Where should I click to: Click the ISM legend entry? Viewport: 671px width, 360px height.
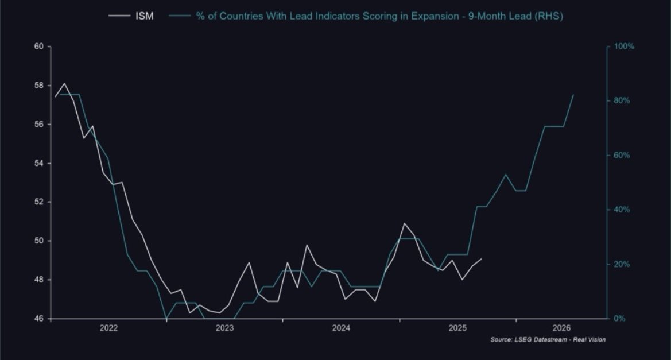(144, 16)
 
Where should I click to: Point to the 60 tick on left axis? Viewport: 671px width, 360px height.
(39, 47)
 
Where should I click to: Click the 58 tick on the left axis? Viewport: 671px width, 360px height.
(39, 86)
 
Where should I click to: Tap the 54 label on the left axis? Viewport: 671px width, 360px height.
(39, 164)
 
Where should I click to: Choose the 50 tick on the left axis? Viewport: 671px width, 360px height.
(39, 241)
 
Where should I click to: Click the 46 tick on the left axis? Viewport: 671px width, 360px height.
(39, 319)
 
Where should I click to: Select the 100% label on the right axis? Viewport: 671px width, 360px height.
(624, 47)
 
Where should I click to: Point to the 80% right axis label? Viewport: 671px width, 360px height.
(622, 101)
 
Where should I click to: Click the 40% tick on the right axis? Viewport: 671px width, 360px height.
(622, 210)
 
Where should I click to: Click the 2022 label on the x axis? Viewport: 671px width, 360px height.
(108, 328)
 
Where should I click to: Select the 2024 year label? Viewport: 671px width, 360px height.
(341, 328)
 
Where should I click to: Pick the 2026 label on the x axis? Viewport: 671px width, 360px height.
(573, 328)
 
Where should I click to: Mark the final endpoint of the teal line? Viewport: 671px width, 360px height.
(573, 95)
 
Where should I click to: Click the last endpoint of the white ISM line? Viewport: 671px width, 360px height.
(481, 259)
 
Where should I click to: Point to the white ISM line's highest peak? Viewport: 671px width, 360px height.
(64, 83)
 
